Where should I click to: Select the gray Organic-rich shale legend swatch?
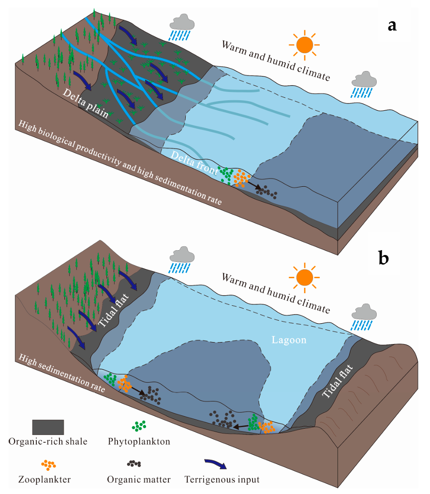(x=48, y=427)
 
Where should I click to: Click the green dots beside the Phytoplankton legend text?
(x=140, y=426)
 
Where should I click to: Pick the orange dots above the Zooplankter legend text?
(x=49, y=464)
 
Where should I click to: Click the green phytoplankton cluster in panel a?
(x=225, y=173)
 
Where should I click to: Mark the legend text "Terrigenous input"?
(x=222, y=480)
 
